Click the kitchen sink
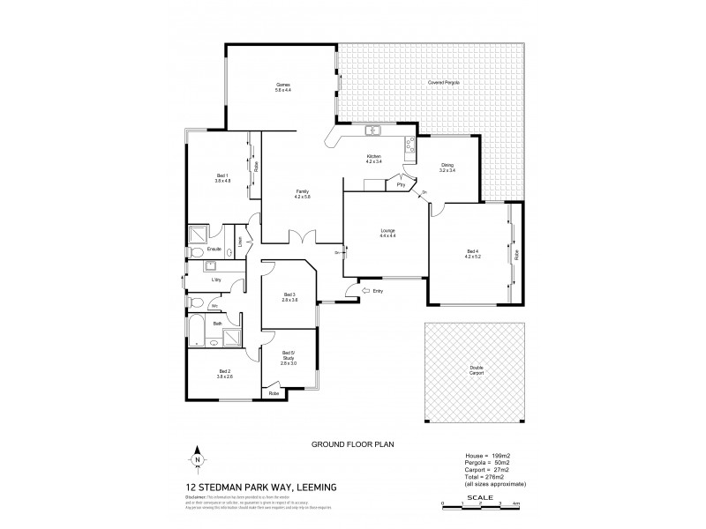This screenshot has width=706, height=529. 373,131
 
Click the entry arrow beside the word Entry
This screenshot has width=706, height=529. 357,290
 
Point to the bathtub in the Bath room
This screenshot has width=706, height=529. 199,337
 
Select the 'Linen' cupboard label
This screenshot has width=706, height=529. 239,239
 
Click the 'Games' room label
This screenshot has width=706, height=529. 282,85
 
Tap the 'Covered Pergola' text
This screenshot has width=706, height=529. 443,82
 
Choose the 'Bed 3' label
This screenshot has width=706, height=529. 289,294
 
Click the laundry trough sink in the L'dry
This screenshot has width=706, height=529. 212,265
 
